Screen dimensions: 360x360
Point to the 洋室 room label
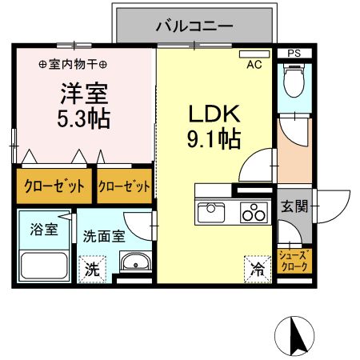82,93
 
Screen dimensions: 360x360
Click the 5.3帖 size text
82,120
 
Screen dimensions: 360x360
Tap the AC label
255,65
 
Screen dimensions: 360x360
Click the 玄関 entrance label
294,206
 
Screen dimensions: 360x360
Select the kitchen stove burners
254,214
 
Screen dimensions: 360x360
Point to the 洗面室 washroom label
104,236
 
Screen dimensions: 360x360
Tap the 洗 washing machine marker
94,268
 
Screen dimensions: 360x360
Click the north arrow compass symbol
297,336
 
